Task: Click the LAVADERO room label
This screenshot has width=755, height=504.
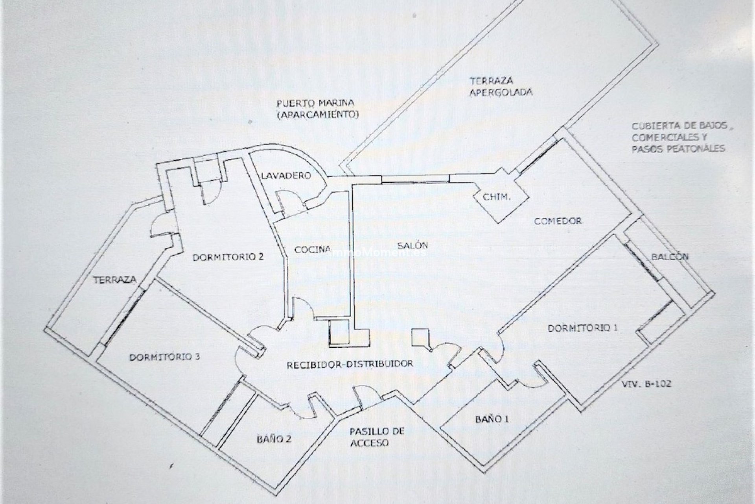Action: pos(286,176)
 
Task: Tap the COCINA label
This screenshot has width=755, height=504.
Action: pos(312,249)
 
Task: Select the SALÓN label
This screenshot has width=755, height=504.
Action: pos(412,245)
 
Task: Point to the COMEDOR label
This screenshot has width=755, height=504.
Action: pos(557,221)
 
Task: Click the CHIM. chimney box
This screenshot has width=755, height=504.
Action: pos(497,198)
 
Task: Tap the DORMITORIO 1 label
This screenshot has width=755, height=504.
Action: pos(583,328)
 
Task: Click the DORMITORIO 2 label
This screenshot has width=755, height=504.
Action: pos(228,258)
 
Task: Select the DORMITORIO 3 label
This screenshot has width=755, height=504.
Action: pos(165,357)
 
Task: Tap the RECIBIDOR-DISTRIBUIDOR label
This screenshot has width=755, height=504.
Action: pos(350,364)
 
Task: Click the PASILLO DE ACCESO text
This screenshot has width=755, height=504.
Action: pos(372,437)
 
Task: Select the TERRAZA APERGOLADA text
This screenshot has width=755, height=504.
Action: pos(501,87)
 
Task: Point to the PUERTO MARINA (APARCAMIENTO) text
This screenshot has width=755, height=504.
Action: pos(318,109)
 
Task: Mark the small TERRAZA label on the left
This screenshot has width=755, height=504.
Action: pos(115,280)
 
